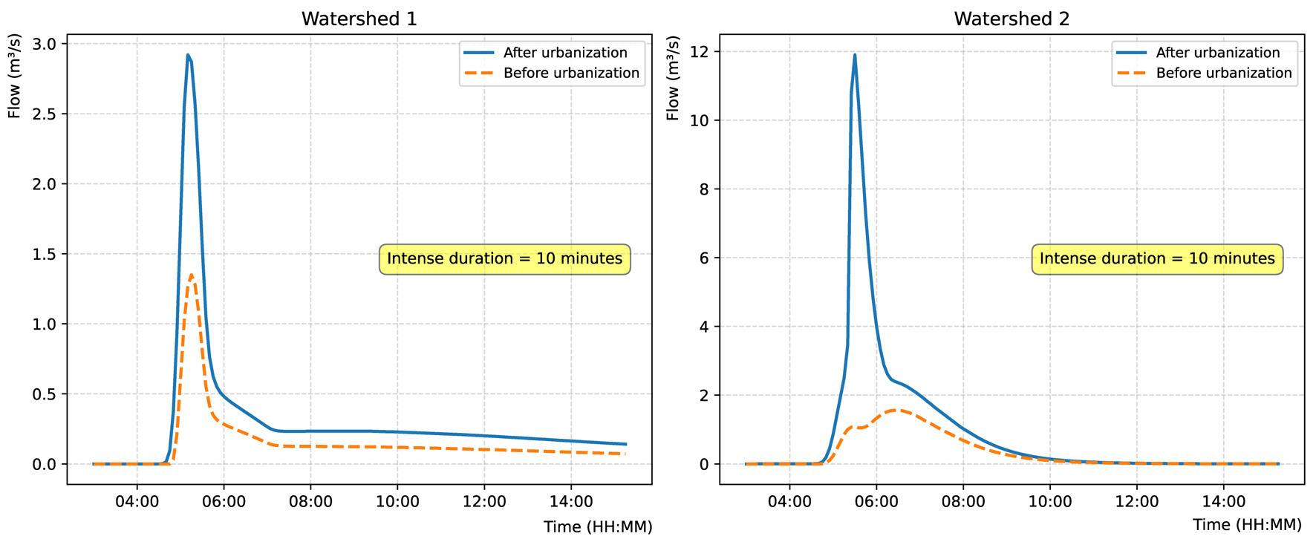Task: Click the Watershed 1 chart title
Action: click(x=359, y=19)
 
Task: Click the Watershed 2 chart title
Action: click(x=1012, y=19)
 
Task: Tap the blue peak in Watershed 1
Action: click(x=188, y=55)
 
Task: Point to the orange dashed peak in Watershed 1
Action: click(x=192, y=275)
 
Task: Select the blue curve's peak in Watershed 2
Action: click(x=855, y=55)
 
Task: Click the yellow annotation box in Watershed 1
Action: click(x=504, y=259)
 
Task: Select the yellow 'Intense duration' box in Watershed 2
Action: click(x=1157, y=259)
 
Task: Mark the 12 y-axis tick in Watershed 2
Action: click(x=699, y=52)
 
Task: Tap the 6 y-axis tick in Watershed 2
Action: click(x=703, y=258)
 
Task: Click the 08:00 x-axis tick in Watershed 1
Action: click(x=310, y=502)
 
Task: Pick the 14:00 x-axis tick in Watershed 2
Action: click(x=1223, y=502)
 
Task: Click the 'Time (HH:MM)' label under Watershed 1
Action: click(x=597, y=527)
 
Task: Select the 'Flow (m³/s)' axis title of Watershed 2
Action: click(x=673, y=78)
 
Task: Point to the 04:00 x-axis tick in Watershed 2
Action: click(x=789, y=502)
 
